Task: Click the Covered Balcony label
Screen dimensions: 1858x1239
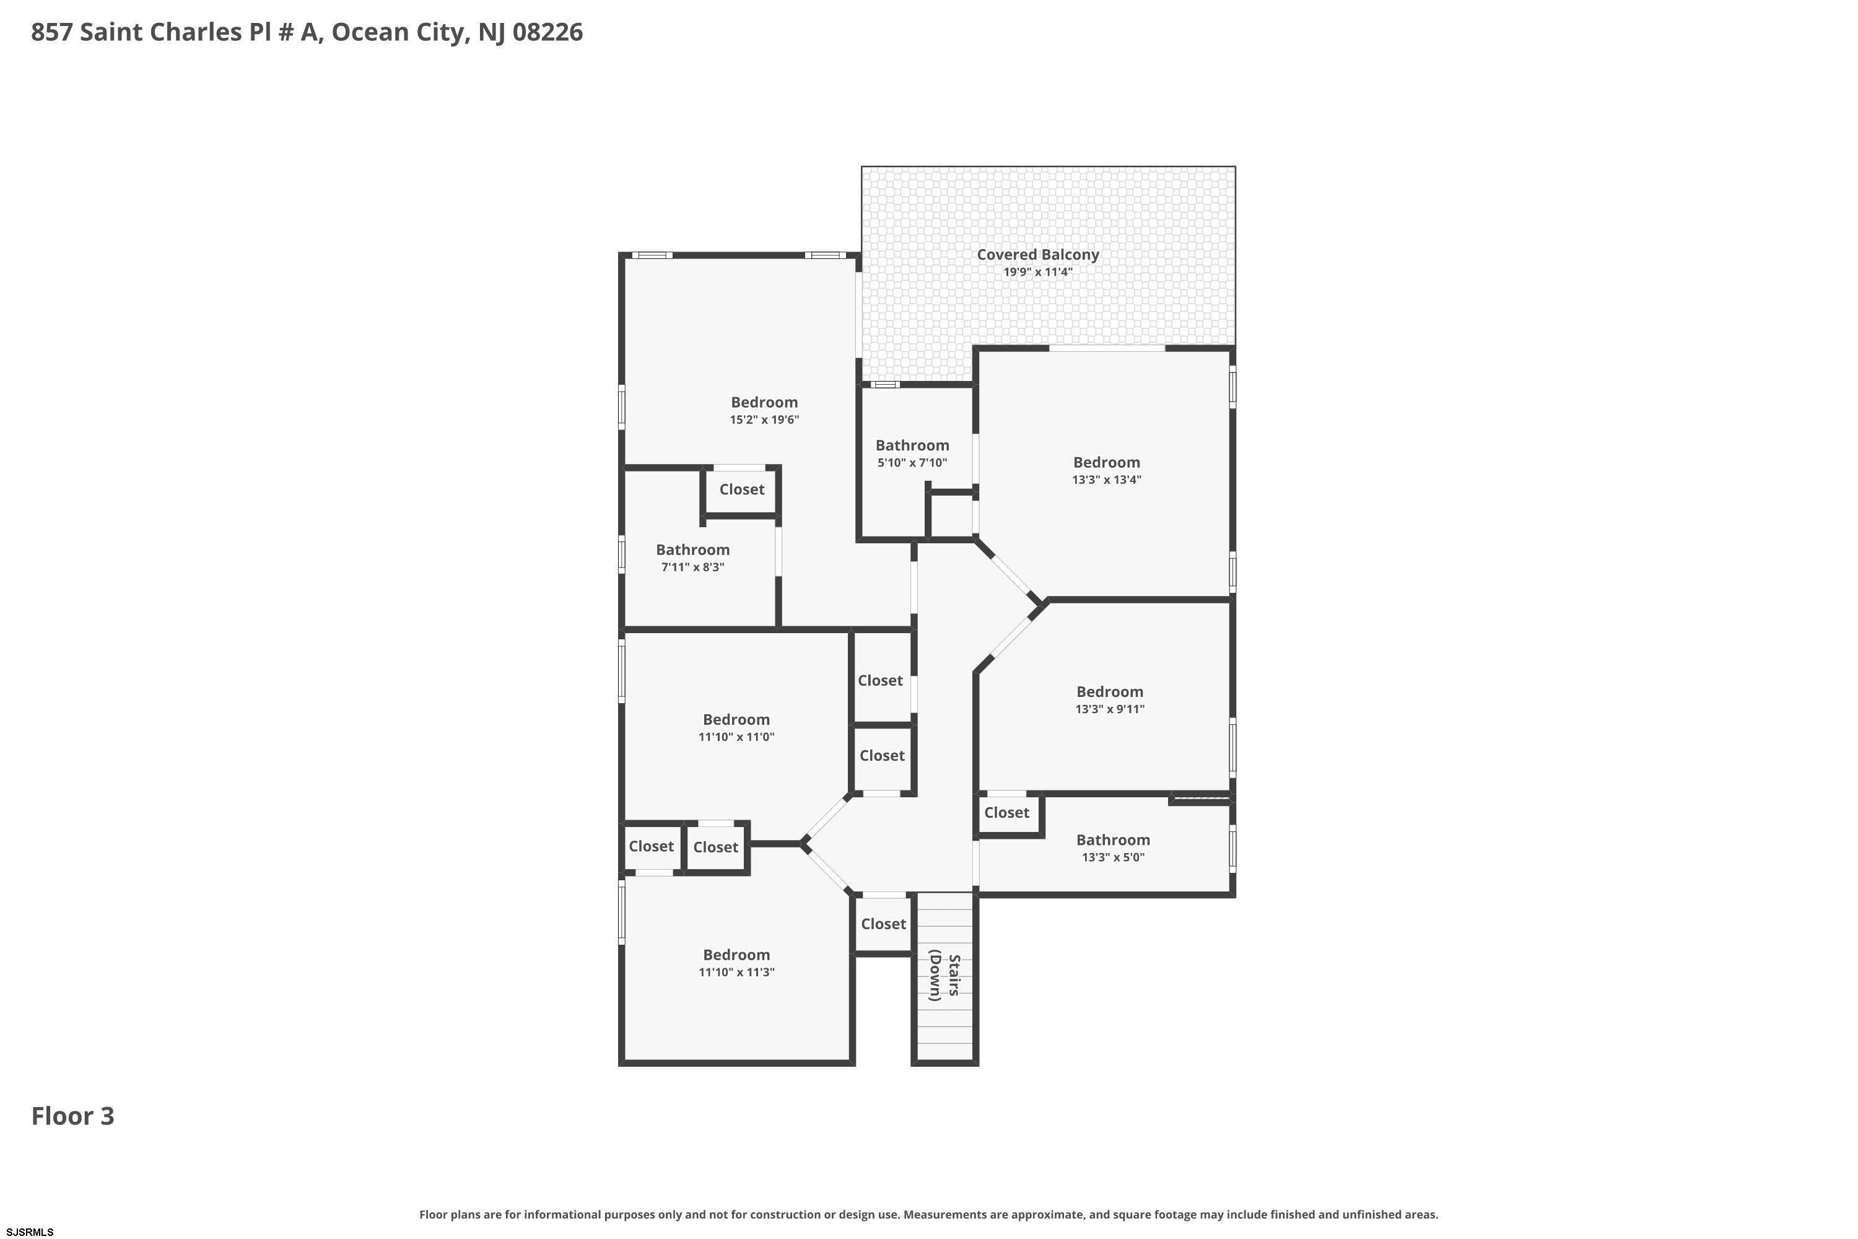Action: pos(1037,255)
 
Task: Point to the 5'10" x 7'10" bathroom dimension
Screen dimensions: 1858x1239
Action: pos(912,463)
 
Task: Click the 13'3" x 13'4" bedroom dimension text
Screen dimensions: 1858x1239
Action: pos(1106,479)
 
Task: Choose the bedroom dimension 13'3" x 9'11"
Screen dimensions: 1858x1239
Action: pos(1109,709)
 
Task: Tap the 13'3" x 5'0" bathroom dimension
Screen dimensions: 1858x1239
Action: pos(1112,857)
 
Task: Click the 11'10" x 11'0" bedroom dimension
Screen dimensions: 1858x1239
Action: pos(736,737)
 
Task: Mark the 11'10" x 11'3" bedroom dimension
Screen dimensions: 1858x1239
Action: pos(736,972)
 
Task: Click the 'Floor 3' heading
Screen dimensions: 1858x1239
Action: pos(72,1116)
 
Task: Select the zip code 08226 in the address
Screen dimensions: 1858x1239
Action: pos(547,32)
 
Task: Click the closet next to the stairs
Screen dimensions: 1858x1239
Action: pos(883,924)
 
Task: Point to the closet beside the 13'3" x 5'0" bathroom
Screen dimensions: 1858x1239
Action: pos(1006,812)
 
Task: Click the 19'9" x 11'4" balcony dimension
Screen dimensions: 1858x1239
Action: pos(1037,273)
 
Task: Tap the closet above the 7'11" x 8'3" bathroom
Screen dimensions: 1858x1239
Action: pos(742,489)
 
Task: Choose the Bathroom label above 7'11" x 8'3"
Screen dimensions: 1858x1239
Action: pos(693,550)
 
